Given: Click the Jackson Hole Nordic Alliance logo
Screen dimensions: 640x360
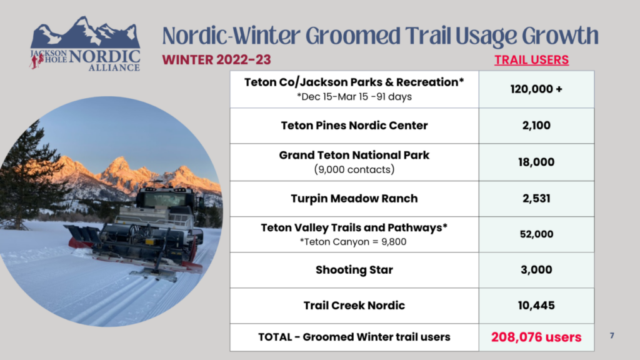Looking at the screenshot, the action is pyautogui.click(x=85, y=44).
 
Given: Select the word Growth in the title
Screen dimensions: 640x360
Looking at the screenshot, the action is pyautogui.click(x=561, y=36).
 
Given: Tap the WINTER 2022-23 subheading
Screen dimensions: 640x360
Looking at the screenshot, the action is pyautogui.click(x=216, y=59).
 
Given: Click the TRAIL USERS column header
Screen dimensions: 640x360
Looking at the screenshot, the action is pyautogui.click(x=531, y=60).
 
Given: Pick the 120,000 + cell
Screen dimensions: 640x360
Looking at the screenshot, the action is pyautogui.click(x=536, y=89).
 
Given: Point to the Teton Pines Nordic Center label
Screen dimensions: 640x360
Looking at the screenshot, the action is pyautogui.click(x=354, y=125).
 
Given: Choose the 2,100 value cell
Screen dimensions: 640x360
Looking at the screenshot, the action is pyautogui.click(x=536, y=125).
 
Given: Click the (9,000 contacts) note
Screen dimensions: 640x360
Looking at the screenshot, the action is pyautogui.click(x=354, y=169).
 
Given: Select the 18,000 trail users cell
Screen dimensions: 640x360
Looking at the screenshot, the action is pyautogui.click(x=536, y=162).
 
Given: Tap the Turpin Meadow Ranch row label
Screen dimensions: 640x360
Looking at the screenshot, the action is pyautogui.click(x=354, y=198).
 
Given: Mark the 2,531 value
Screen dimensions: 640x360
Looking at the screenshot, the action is pyautogui.click(x=536, y=198).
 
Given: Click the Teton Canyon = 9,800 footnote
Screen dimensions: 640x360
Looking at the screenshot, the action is pyautogui.click(x=353, y=242).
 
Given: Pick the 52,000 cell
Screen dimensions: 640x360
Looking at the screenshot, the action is pyautogui.click(x=536, y=234).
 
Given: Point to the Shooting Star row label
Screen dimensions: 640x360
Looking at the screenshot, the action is pyautogui.click(x=354, y=270).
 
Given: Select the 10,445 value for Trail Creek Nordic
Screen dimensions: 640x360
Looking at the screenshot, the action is pyautogui.click(x=536, y=305).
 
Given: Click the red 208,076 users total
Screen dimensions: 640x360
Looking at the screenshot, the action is pyautogui.click(x=536, y=337).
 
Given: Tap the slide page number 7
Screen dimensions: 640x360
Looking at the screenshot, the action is pyautogui.click(x=612, y=336).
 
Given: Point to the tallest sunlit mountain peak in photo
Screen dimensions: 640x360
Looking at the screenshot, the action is pyautogui.click(x=119, y=161).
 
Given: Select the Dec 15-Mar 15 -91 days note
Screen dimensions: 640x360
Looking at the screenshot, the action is pyautogui.click(x=354, y=97).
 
